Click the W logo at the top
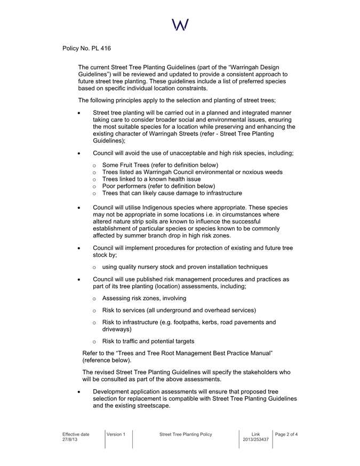pos(180,24)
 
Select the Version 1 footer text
pos(116,434)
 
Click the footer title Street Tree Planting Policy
pos(186,434)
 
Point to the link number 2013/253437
pos(255,440)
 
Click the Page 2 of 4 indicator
pos(286,434)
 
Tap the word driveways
pos(117,330)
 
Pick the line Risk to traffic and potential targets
pos(148,341)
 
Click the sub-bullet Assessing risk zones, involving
pos(145,298)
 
